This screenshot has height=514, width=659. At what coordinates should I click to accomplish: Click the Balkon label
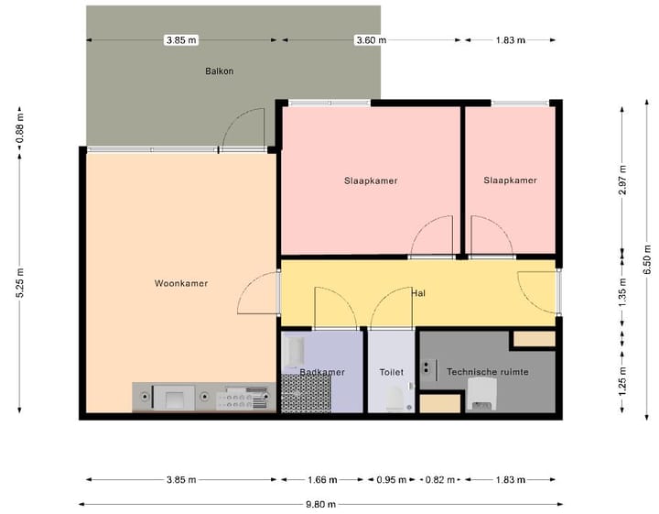(x=219, y=71)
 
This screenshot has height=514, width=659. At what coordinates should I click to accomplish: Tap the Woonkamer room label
(x=180, y=284)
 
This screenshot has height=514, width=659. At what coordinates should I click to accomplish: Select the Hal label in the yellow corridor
(x=418, y=293)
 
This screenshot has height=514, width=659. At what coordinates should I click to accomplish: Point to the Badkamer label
(x=322, y=372)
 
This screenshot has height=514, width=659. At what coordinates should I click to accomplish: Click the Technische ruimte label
(x=487, y=372)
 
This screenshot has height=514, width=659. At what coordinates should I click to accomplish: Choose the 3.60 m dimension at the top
(x=371, y=40)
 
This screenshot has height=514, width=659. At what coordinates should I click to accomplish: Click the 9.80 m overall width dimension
(x=320, y=504)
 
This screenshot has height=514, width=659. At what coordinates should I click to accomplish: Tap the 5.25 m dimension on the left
(x=20, y=284)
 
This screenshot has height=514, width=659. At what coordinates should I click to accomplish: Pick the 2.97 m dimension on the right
(x=622, y=180)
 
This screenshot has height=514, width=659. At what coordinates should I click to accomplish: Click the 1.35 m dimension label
(x=622, y=295)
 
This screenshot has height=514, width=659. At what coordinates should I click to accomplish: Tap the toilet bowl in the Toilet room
(x=394, y=397)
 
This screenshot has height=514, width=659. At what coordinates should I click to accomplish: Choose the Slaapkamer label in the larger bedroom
(x=371, y=180)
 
